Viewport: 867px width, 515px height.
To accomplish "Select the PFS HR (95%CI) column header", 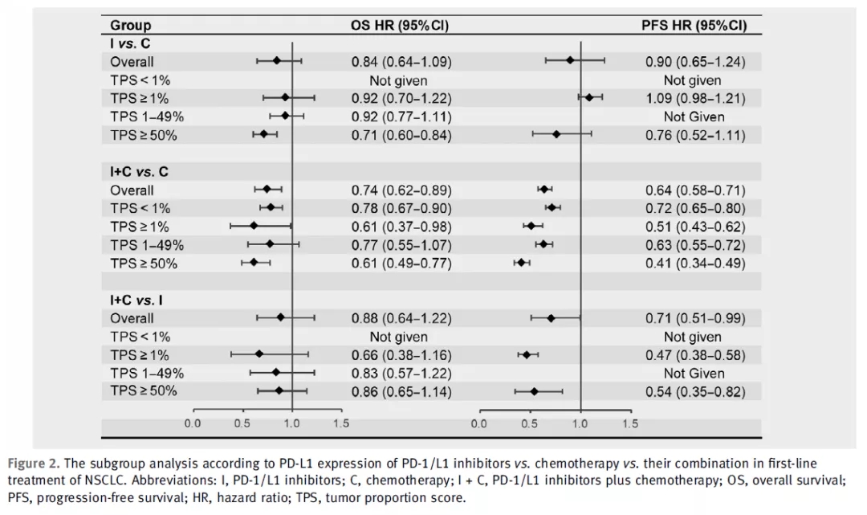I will click(x=694, y=26).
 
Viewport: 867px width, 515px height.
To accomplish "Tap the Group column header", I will click(x=131, y=26).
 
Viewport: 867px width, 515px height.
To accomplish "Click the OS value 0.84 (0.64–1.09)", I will click(x=401, y=61).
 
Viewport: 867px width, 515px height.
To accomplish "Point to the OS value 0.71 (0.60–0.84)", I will click(x=401, y=135).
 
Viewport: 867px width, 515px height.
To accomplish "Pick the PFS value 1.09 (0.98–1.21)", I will click(x=695, y=98).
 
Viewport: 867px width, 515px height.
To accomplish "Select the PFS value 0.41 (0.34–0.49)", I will click(x=695, y=263).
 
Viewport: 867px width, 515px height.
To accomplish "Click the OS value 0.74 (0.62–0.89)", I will click(x=401, y=190).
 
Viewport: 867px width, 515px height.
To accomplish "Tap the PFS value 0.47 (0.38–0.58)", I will click(x=695, y=355).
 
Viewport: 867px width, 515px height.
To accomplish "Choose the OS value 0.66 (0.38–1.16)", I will click(x=401, y=355).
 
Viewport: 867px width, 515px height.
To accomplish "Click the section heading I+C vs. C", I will click(x=139, y=172).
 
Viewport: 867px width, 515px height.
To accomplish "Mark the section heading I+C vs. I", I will click(x=137, y=300).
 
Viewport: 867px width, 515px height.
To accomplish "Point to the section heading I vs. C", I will click(x=131, y=43).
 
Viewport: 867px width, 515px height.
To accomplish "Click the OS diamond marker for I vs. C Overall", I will click(x=277, y=60).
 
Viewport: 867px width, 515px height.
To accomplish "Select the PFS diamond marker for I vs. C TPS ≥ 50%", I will click(x=556, y=134).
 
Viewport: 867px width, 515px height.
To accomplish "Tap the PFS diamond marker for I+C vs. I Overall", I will click(x=551, y=318).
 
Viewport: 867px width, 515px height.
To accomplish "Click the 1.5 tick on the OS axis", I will click(x=341, y=423).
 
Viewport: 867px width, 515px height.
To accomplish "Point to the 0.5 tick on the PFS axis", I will click(x=530, y=423).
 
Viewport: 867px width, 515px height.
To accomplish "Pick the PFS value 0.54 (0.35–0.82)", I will click(x=695, y=392).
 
